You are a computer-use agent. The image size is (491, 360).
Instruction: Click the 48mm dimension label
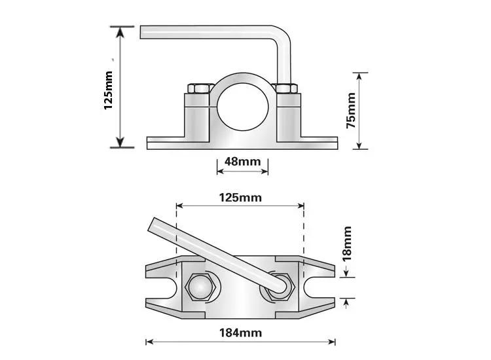[x=242, y=162]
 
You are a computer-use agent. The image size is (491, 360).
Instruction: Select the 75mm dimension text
[x=351, y=110]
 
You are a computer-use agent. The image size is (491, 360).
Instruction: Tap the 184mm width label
[x=240, y=333]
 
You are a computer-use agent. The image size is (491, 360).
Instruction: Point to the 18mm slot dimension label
[x=346, y=243]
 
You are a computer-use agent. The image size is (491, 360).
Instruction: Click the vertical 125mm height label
[x=108, y=90]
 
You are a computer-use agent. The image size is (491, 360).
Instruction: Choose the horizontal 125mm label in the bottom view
[x=240, y=198]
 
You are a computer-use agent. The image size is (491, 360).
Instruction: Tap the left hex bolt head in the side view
[x=200, y=88]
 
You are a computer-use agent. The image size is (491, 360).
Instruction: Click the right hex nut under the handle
[x=280, y=288]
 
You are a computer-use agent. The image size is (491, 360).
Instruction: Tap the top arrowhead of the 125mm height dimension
[x=120, y=32]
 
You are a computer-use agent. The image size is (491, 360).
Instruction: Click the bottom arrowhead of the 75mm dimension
[x=359, y=144]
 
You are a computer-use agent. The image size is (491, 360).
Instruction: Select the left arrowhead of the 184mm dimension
[x=150, y=342]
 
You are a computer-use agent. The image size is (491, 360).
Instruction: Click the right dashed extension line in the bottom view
[x=304, y=232]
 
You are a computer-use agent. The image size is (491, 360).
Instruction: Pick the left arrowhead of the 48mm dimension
[x=221, y=171]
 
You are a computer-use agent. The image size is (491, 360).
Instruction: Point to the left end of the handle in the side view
[x=141, y=33]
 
